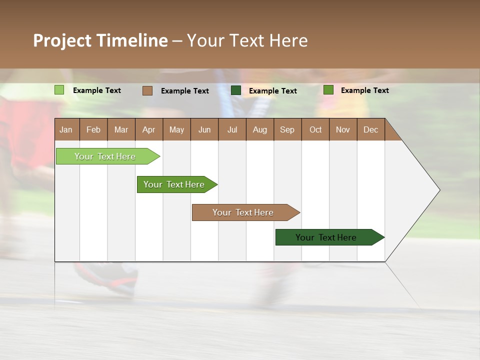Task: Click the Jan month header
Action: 66,129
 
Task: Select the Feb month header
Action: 93,129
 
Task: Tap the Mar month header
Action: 121,129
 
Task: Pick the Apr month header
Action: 149,129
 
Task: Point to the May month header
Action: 176,129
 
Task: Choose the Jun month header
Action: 204,129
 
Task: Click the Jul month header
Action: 232,129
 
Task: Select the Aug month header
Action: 260,129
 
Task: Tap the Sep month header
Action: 287,129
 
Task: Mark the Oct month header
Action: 315,129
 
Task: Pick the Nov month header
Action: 343,129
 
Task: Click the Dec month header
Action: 371,129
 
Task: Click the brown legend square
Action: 147,90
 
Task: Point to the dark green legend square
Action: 236,90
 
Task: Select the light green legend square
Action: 59,90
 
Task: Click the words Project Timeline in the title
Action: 100,40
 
